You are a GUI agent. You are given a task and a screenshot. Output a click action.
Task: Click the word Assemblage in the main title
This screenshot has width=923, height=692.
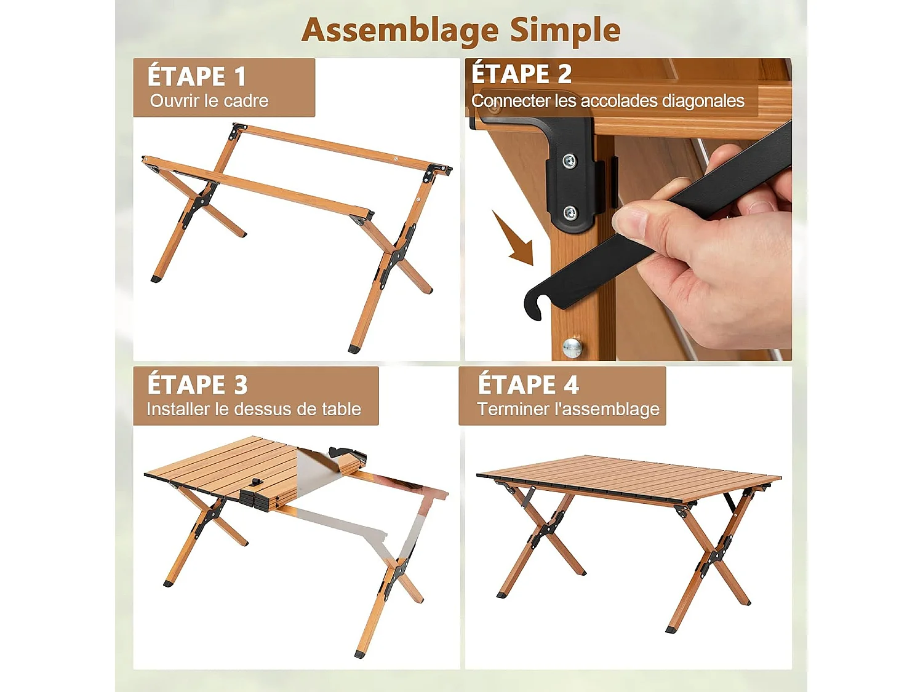point(401,30)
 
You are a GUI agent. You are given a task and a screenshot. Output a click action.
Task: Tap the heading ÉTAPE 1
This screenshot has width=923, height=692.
point(197,77)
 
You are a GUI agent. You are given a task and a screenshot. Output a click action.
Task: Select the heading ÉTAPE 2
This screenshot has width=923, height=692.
point(521,74)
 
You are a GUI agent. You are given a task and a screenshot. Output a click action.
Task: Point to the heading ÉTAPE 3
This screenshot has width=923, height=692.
point(198,385)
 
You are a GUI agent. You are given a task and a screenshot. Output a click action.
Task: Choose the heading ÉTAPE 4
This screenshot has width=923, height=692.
point(528,385)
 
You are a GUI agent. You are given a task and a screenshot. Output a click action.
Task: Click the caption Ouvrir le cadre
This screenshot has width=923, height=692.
point(209,101)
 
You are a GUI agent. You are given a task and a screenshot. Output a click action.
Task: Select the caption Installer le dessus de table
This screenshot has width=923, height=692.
point(254,409)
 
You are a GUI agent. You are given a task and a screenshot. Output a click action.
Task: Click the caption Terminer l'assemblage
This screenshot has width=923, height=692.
point(568,409)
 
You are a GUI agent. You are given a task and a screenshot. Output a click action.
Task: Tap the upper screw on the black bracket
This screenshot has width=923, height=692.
point(570,162)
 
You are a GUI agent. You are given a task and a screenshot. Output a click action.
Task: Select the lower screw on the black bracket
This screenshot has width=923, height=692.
point(570,213)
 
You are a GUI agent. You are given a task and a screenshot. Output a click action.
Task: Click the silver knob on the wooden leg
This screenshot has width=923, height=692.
point(572,348)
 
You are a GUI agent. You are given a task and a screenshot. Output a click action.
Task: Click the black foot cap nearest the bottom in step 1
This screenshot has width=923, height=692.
point(354,349)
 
